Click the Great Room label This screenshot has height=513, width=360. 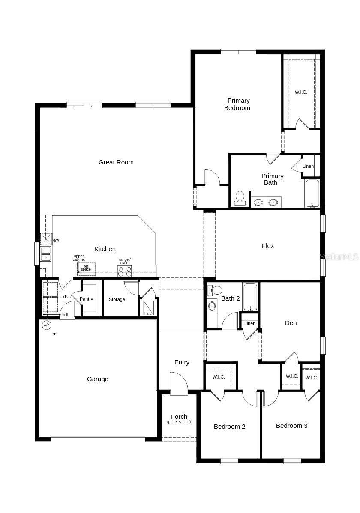[x=116, y=162]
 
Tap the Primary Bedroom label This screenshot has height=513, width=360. [x=238, y=104]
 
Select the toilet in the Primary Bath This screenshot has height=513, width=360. [x=240, y=198]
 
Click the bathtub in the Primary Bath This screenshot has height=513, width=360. [x=312, y=193]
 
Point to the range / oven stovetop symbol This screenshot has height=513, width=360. [x=125, y=271]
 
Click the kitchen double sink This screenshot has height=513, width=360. [x=45, y=254]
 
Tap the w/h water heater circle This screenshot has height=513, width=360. [x=46, y=325]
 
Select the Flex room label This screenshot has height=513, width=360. [x=268, y=246]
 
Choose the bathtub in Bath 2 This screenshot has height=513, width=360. [x=250, y=297]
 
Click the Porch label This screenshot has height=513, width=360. [x=179, y=417]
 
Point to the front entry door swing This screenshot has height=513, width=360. [x=178, y=383]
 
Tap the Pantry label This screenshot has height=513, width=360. [x=86, y=299]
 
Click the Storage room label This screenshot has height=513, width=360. [x=117, y=299]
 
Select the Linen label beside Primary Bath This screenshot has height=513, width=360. [x=308, y=166]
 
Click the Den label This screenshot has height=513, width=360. [x=291, y=323]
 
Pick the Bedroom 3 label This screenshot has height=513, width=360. [x=291, y=426]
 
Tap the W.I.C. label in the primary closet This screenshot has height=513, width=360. [x=301, y=92]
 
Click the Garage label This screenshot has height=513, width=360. [x=98, y=379]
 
